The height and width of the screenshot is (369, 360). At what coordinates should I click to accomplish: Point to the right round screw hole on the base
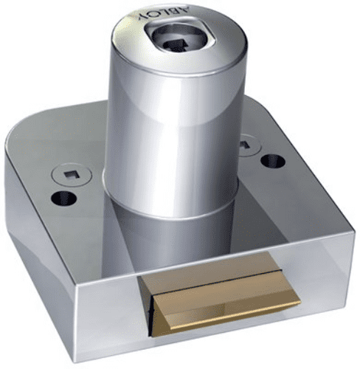point(274,160)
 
